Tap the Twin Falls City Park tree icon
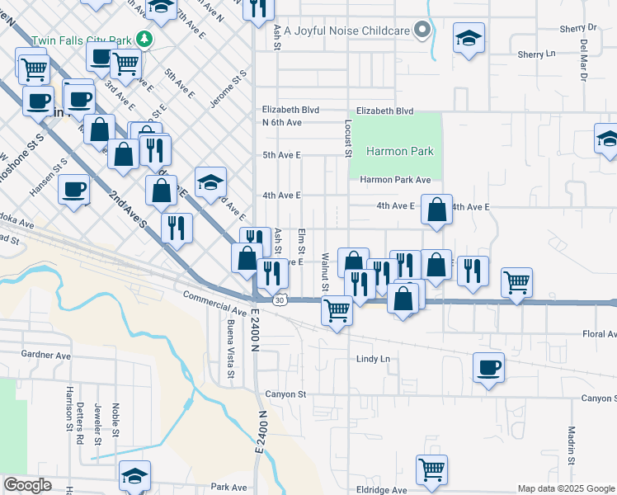point(144,39)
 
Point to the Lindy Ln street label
point(372,359)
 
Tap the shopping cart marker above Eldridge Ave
point(431,469)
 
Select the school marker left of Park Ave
point(135,475)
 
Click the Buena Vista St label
point(231,351)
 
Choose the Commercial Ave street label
point(214,303)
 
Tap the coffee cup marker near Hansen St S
point(73,189)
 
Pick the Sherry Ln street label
point(536,54)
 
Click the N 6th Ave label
point(282,122)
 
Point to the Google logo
point(27,485)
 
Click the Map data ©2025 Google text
point(565,488)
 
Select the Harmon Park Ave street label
point(395,179)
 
